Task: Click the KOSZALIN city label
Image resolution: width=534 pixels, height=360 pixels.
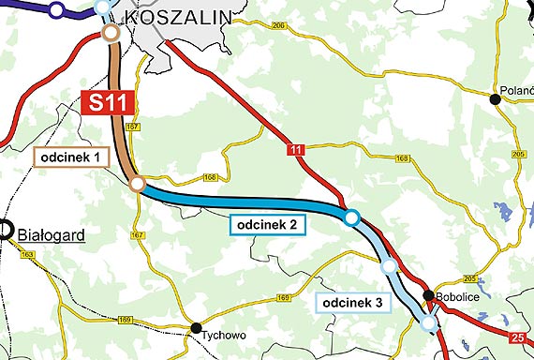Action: [x=177, y=18]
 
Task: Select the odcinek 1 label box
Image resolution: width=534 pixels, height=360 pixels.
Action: [x=69, y=156]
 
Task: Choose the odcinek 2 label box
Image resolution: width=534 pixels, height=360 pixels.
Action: [x=266, y=225]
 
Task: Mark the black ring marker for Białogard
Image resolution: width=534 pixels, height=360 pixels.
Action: [x=4, y=229]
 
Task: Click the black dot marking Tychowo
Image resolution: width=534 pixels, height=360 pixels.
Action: [x=197, y=327]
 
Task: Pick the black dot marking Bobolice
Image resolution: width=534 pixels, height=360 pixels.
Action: [x=428, y=296]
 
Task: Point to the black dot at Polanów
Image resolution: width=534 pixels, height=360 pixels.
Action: [x=495, y=98]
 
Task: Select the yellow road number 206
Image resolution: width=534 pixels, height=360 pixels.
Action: [x=280, y=26]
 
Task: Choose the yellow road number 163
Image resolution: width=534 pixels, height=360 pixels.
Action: [x=27, y=254]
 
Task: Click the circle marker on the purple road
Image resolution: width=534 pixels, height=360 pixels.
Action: [x=56, y=11]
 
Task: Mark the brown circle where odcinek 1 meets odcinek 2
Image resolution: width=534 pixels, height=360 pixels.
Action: [x=137, y=184]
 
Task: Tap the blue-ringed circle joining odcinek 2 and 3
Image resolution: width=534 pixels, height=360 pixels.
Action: [x=351, y=217]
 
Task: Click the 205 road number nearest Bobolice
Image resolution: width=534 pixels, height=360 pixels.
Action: [x=470, y=278]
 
